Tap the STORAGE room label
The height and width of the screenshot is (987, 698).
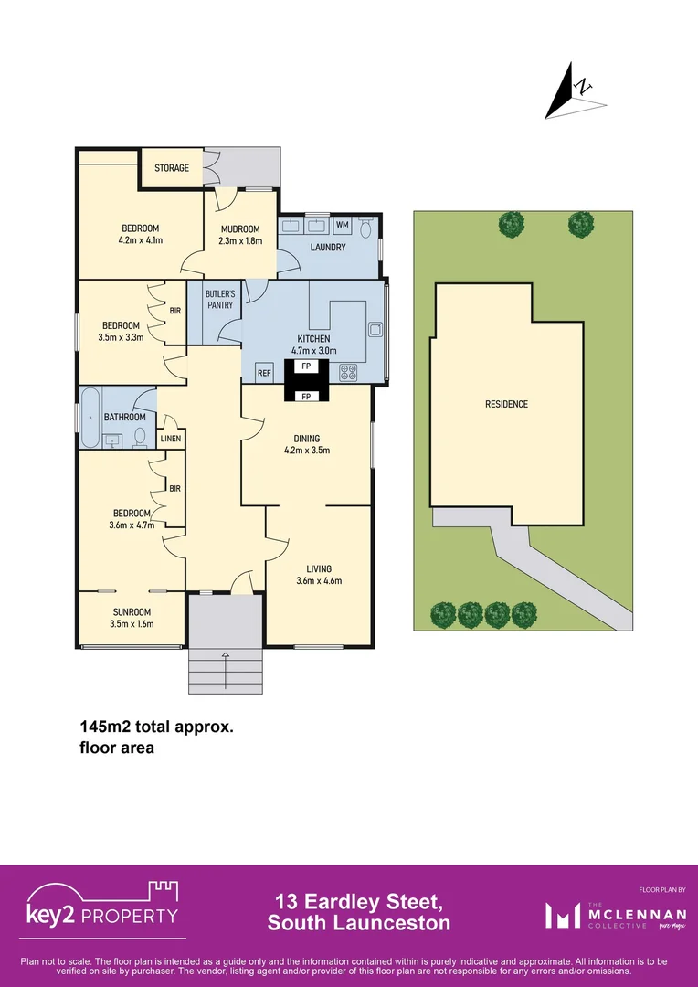[172, 168]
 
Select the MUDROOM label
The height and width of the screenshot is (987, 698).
[239, 228]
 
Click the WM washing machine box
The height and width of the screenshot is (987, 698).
[343, 225]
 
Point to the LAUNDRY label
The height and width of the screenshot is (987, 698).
[327, 248]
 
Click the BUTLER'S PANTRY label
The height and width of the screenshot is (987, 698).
[220, 299]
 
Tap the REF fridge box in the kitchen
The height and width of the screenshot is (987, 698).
[264, 373]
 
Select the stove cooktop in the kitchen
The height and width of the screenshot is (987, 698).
[349, 372]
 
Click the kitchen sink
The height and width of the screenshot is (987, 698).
[375, 329]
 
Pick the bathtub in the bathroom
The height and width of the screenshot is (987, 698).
[90, 417]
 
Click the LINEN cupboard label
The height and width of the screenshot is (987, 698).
[171, 440]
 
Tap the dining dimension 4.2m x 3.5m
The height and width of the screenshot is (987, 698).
[307, 450]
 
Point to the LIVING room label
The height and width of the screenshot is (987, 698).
[318, 568]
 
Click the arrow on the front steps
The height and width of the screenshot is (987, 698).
[226, 655]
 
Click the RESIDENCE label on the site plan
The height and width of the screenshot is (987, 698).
[506, 404]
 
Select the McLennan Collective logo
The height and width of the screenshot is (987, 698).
[607, 915]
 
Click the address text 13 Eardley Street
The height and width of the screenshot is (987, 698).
[358, 903]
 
